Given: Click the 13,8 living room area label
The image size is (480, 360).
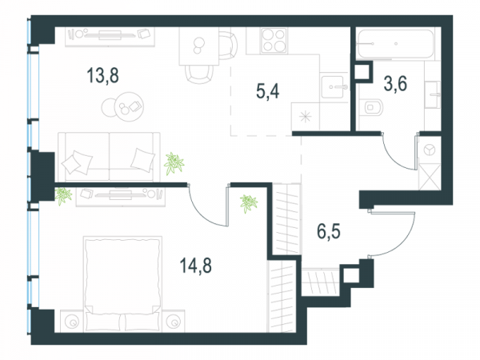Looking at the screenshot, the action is click(x=102, y=76).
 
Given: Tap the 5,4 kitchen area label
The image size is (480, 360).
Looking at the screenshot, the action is click(x=267, y=91).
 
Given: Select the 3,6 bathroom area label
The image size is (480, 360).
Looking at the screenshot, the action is click(x=395, y=83).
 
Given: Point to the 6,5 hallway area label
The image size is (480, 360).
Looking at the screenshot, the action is click(x=329, y=231).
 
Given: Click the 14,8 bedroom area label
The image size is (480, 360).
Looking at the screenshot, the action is click(x=195, y=266).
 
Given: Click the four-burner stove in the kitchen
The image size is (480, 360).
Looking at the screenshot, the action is click(x=274, y=41).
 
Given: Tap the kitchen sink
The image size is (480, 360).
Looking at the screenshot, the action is click(x=334, y=87).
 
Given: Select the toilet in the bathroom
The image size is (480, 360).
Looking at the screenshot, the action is click(x=371, y=107).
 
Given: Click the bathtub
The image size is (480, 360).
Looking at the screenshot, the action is click(x=395, y=44).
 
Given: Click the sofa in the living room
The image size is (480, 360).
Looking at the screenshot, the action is click(x=110, y=157).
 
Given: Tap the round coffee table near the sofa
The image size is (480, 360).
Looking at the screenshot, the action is click(x=129, y=107).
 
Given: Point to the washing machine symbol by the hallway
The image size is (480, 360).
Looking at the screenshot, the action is click(x=430, y=150).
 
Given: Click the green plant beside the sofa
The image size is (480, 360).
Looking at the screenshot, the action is click(x=174, y=163).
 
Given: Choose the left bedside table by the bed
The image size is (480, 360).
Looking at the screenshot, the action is click(x=72, y=321).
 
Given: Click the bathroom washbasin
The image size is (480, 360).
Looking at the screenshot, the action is click(x=433, y=94).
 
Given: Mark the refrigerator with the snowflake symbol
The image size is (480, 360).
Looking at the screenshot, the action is click(x=306, y=116).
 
